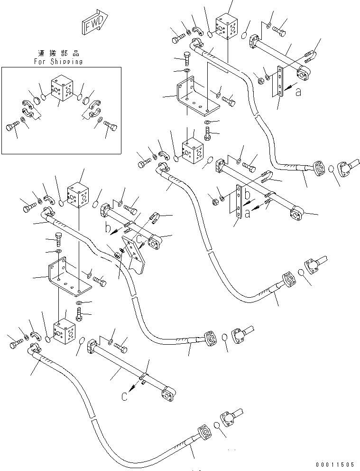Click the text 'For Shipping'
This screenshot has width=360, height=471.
tap(59, 61)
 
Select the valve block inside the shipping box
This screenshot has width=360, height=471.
tap(63, 89)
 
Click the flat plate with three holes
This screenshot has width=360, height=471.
tap(237, 204)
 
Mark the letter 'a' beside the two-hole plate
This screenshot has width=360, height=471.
tap(298, 93)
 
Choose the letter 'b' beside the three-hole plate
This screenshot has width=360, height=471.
tap(247, 194)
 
